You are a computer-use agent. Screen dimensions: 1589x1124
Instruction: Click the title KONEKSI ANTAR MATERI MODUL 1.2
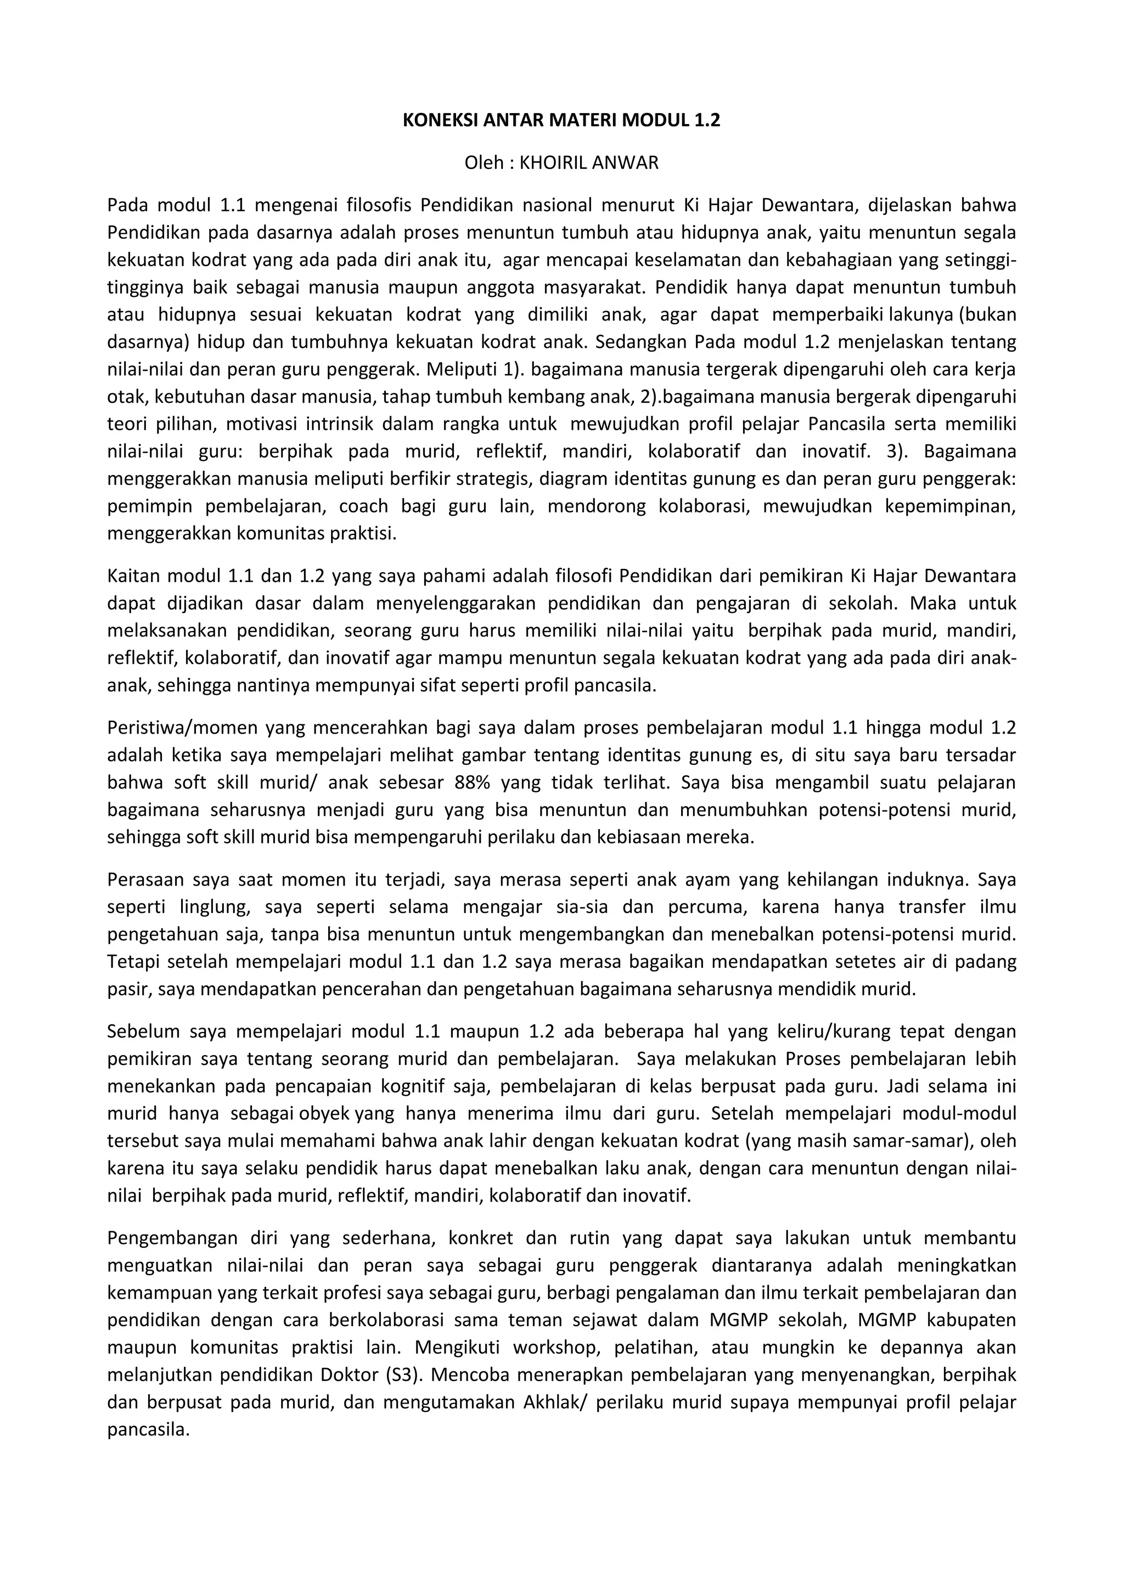click(x=561, y=120)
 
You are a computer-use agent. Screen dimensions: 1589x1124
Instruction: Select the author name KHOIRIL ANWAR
click(x=589, y=164)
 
